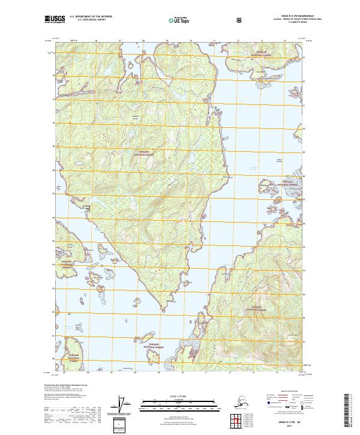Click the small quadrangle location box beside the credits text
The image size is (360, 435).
click(119, 424)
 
